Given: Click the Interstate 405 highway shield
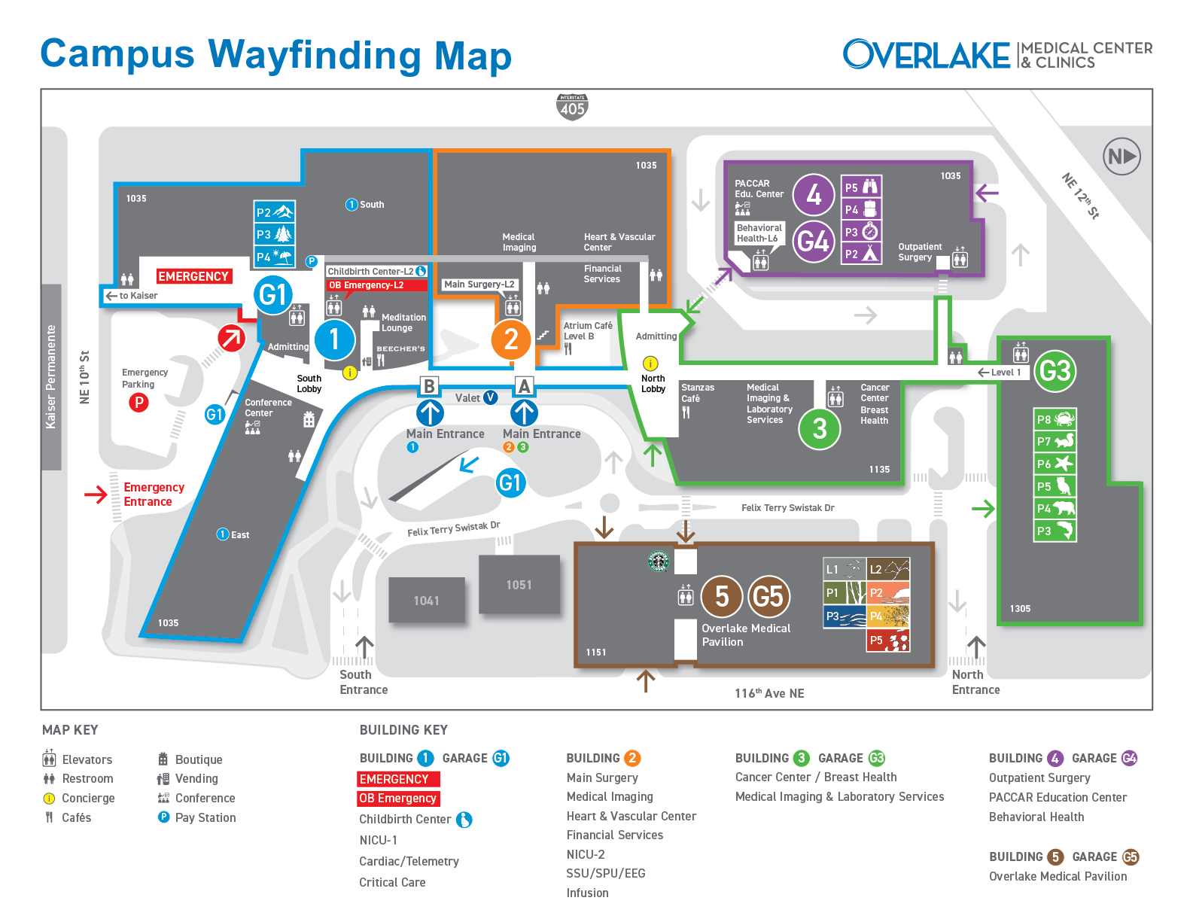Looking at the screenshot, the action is [x=572, y=106].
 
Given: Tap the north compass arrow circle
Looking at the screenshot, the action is [x=1121, y=157].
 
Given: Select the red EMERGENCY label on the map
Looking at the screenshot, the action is [x=193, y=276].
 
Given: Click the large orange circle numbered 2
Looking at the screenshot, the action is [x=510, y=339].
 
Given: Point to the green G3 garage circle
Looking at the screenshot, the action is [x=1055, y=371].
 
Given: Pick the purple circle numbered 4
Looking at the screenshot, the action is [x=813, y=195].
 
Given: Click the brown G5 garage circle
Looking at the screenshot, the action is [x=768, y=596].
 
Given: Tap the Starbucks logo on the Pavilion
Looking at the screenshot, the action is [x=659, y=561].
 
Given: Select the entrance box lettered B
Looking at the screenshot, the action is [x=429, y=386].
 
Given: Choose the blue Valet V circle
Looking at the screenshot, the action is [x=490, y=397].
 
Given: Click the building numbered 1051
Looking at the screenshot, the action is [x=519, y=585].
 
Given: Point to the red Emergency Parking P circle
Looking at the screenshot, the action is [x=139, y=403].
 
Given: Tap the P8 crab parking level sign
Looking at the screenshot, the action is [x=1054, y=420].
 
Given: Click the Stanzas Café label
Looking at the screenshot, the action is [x=697, y=392].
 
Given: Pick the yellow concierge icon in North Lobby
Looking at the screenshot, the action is [x=650, y=364].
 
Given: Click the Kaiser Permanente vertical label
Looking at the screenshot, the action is [x=50, y=376].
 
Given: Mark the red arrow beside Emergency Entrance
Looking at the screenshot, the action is [x=96, y=494].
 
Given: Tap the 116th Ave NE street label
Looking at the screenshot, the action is [x=769, y=692].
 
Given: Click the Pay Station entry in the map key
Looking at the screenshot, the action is [x=196, y=817].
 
